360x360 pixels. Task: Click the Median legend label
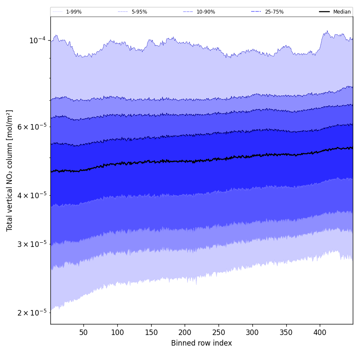tap(342, 12)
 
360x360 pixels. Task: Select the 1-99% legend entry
tap(74, 12)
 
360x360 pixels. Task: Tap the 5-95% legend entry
tap(139, 12)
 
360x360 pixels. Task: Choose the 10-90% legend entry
tap(205, 12)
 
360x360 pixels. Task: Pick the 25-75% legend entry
tap(274, 12)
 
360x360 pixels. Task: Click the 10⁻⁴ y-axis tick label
tap(37, 40)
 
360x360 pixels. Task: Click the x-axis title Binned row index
tap(202, 343)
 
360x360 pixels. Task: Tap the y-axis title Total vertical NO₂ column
tap(10, 170)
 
